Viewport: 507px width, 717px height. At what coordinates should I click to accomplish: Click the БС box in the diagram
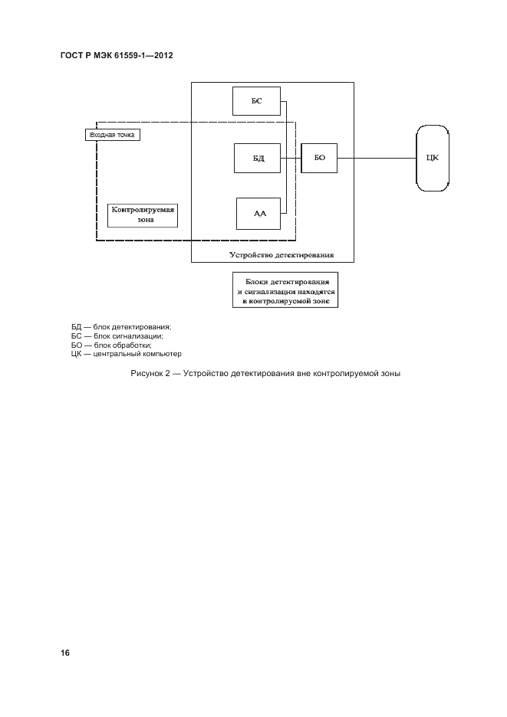256,100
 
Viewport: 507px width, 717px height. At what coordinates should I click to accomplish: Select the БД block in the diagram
258,159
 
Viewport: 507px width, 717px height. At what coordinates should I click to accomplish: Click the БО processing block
319,159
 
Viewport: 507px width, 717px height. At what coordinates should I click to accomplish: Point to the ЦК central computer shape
433,159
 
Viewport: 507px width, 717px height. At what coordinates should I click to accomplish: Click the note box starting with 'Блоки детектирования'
285,291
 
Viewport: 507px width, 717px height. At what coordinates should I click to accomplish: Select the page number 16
65,653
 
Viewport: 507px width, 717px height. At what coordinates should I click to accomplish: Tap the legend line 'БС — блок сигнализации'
117,336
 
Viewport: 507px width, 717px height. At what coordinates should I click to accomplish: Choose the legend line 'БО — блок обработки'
110,345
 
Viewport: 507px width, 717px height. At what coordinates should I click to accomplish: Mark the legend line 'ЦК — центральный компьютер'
126,353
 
